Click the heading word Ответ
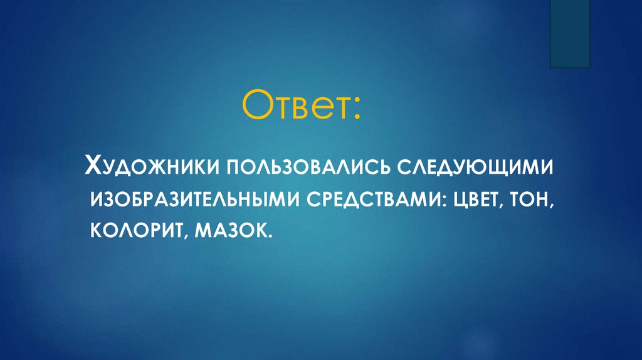coord(297,105)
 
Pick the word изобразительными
coord(197,199)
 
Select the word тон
coord(535,199)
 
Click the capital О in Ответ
coord(256,105)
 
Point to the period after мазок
coord(270,236)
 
